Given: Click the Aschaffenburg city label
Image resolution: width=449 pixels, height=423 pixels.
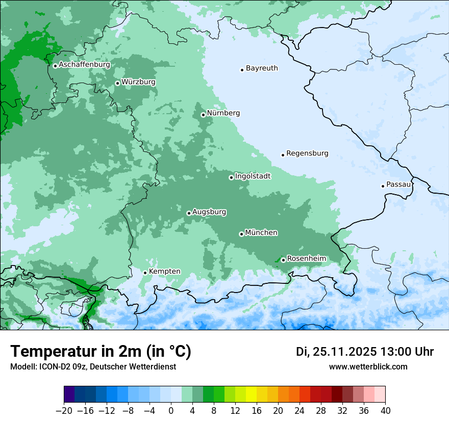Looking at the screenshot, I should pos(84,65).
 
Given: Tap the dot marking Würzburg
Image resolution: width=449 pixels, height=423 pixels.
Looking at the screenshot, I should pos(117,83).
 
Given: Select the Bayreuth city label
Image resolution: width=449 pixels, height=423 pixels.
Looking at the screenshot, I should pos(262,68).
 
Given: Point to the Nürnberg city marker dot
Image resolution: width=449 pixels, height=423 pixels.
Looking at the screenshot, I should pos(203,115).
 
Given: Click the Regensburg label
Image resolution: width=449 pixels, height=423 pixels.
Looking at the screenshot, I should pos(307,153).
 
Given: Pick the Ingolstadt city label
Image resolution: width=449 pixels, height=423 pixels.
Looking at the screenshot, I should pos(253,176).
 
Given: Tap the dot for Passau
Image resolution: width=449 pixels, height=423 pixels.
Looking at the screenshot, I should pos(383,186).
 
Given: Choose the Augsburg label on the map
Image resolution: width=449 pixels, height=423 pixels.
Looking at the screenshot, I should pos(209,212).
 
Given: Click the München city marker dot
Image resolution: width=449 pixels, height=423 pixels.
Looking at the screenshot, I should pos(241,234).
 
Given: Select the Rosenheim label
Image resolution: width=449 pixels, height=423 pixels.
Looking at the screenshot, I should pos(306,259).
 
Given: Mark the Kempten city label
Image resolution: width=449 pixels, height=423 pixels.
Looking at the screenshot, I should pos(164,272).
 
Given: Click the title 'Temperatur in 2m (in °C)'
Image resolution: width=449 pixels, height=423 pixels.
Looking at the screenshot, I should pos(101,352).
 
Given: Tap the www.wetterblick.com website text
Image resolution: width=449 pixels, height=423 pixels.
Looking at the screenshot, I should pos(368,366).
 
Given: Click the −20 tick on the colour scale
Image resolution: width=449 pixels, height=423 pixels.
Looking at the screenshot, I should pos(64,411).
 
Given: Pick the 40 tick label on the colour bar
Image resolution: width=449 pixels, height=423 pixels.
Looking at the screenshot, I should pos(385,411).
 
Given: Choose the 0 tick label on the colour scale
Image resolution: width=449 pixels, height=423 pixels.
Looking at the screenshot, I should pos(171,411).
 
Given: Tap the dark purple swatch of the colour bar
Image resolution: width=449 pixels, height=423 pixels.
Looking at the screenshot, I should pos(69,394).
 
